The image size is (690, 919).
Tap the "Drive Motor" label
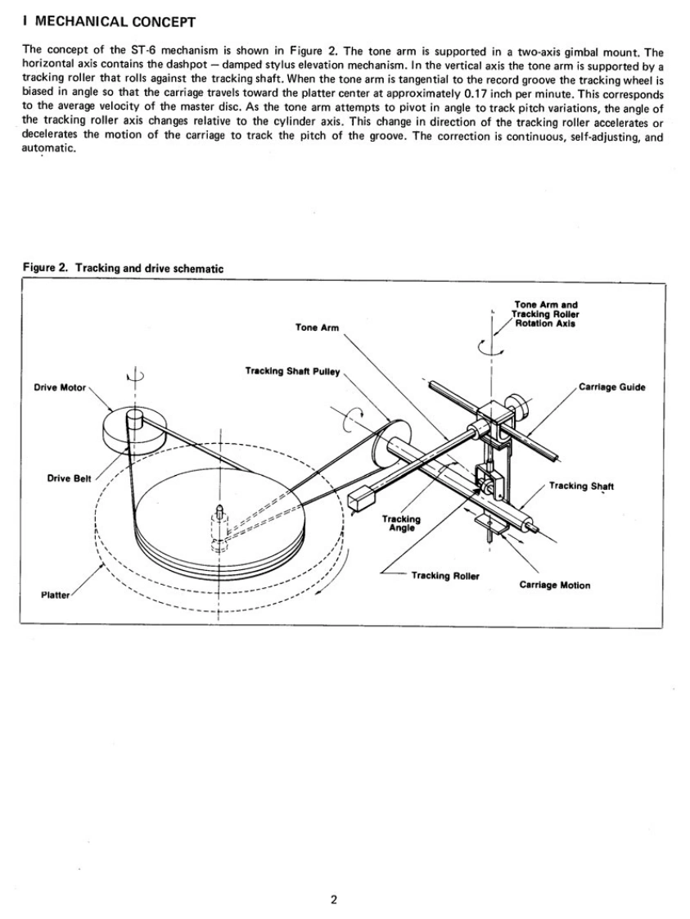[60, 387]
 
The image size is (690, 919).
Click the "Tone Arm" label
[317, 327]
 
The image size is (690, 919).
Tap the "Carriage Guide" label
[612, 387]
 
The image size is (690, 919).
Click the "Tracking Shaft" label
[581, 486]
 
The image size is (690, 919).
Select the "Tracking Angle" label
[401, 523]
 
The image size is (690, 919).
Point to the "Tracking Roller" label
[445, 575]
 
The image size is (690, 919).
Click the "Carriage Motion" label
[555, 585]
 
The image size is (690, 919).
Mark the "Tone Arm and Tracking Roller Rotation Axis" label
[544, 314]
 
